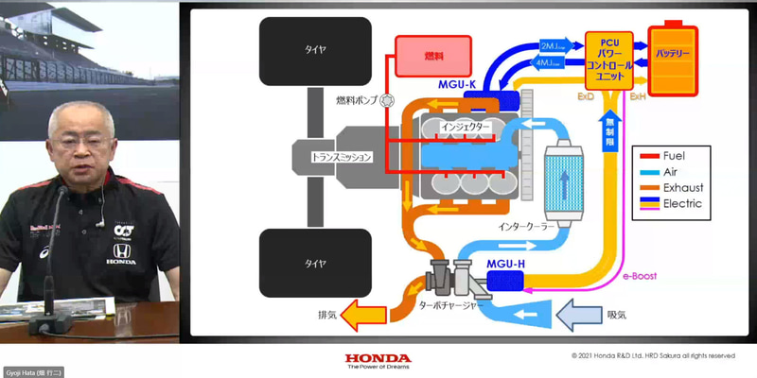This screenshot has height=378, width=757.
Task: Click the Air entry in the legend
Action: click(671, 171)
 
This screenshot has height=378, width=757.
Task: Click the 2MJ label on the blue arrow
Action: click(552, 45)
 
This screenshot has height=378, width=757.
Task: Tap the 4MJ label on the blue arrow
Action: click(552, 63)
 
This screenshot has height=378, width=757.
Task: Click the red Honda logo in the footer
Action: click(378, 359)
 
